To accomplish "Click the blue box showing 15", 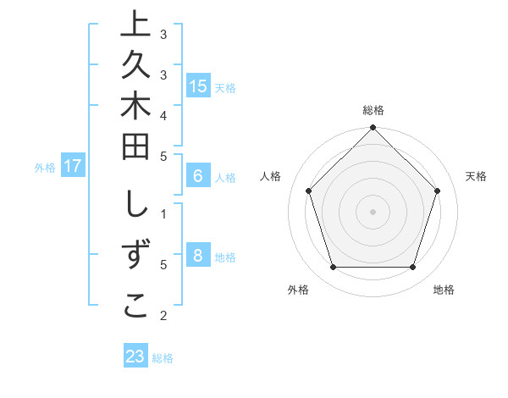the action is click(x=198, y=86).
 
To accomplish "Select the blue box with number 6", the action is click(x=198, y=176).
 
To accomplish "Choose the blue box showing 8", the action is click(x=198, y=256).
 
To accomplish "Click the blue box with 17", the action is click(x=73, y=166).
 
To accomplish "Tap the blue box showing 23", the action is click(x=135, y=357).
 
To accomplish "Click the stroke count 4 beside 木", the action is click(x=163, y=114).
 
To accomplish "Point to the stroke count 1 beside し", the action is click(x=163, y=213).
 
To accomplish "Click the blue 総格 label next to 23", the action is click(x=163, y=358).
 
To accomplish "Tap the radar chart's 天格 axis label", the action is click(x=476, y=176).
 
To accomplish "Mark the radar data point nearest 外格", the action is click(x=333, y=268).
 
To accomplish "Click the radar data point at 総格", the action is click(x=373, y=129).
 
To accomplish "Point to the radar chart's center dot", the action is click(x=373, y=211).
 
